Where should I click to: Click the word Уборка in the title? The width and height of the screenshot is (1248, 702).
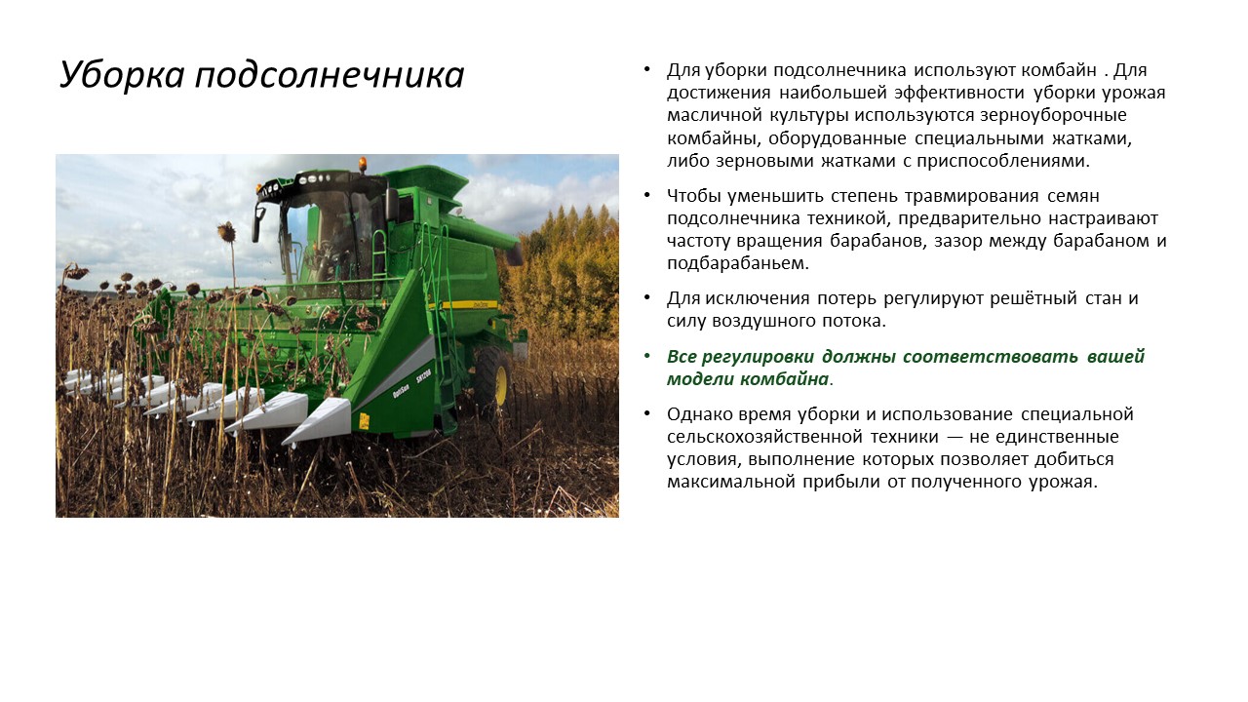[122, 74]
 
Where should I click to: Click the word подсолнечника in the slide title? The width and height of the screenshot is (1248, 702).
[330, 75]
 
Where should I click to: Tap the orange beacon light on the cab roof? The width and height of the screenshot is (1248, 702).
[364, 163]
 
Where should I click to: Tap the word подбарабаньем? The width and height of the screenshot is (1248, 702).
[738, 263]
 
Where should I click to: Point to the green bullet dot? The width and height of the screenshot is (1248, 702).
[646, 356]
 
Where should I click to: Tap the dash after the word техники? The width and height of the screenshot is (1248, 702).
[955, 438]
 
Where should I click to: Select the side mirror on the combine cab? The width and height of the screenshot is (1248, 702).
[257, 223]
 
